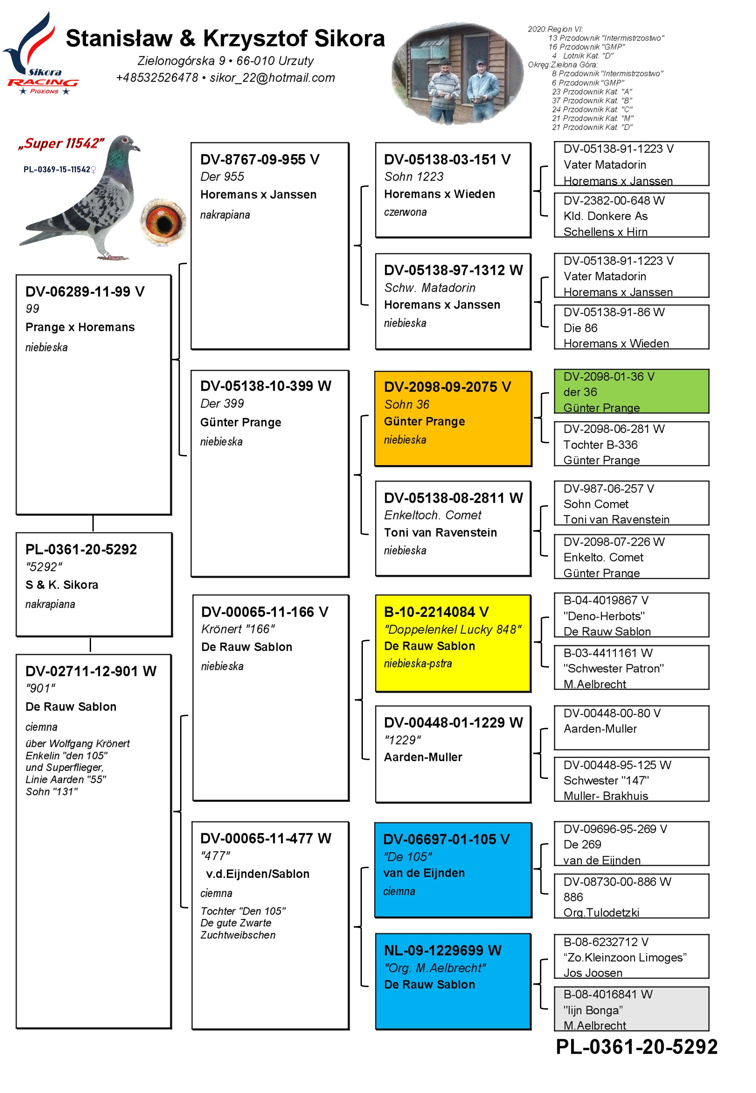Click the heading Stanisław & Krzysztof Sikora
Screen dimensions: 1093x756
[x=225, y=38]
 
